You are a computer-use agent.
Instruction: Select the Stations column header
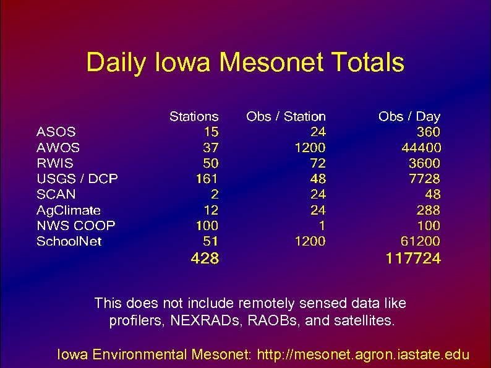[194, 116]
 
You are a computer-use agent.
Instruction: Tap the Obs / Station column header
[286, 116]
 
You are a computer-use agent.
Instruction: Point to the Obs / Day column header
[409, 116]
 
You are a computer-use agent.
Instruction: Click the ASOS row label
[56, 132]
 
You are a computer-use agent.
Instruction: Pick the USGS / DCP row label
[77, 179]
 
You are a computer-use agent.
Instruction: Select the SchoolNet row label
[69, 241]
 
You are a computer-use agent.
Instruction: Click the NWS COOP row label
[76, 226]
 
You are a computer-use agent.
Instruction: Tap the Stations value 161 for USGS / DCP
[207, 179]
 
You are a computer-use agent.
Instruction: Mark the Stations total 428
[205, 259]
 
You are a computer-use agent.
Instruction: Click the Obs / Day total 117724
[413, 259]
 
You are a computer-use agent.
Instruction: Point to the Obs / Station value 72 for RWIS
[318, 163]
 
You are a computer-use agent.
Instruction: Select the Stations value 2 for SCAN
[214, 194]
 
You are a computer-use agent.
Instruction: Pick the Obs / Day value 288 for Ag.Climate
[428, 210]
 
